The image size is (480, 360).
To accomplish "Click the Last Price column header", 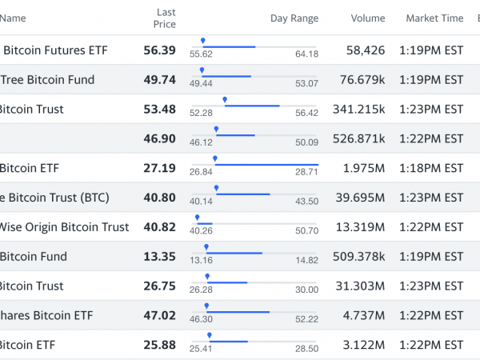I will click(x=166, y=18).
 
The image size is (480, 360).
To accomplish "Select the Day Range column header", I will click(x=294, y=18).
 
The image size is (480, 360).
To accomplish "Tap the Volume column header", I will click(x=367, y=18).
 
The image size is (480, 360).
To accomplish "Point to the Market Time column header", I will click(x=434, y=18).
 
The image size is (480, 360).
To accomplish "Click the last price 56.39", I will click(x=159, y=50).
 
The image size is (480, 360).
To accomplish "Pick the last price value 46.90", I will click(x=159, y=138).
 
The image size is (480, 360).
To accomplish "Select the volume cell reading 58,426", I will click(x=366, y=50).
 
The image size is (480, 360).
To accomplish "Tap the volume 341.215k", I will click(x=359, y=109).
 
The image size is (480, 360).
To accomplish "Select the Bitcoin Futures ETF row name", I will click(x=56, y=50).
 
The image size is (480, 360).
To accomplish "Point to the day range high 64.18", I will click(x=306, y=54).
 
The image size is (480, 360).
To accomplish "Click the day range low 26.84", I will click(x=201, y=172).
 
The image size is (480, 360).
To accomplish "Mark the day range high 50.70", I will click(x=306, y=231).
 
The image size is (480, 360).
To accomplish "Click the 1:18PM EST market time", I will click(x=434, y=168).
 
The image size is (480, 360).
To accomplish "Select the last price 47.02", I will click(x=159, y=316).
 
